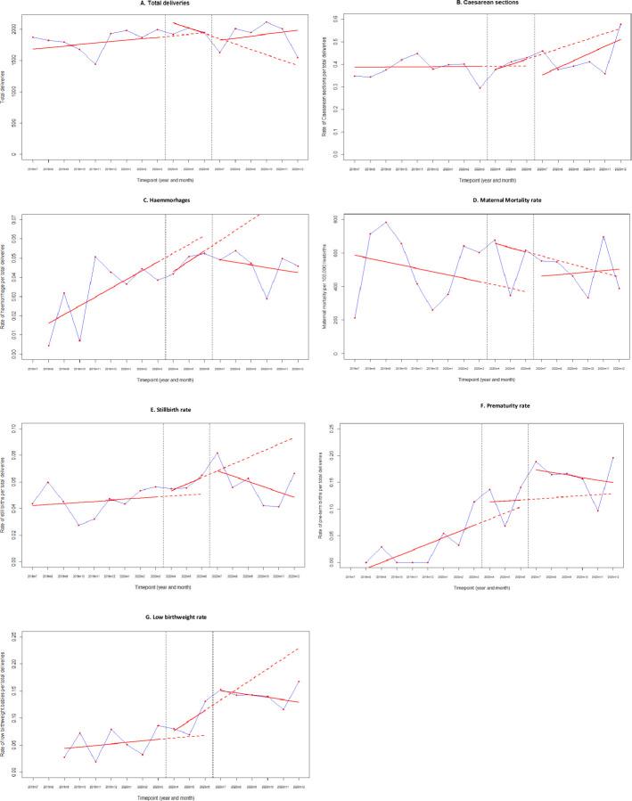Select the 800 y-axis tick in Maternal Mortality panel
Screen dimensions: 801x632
333,219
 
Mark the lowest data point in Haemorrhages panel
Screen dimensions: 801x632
49,346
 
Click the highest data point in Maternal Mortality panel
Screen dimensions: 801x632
386,223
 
